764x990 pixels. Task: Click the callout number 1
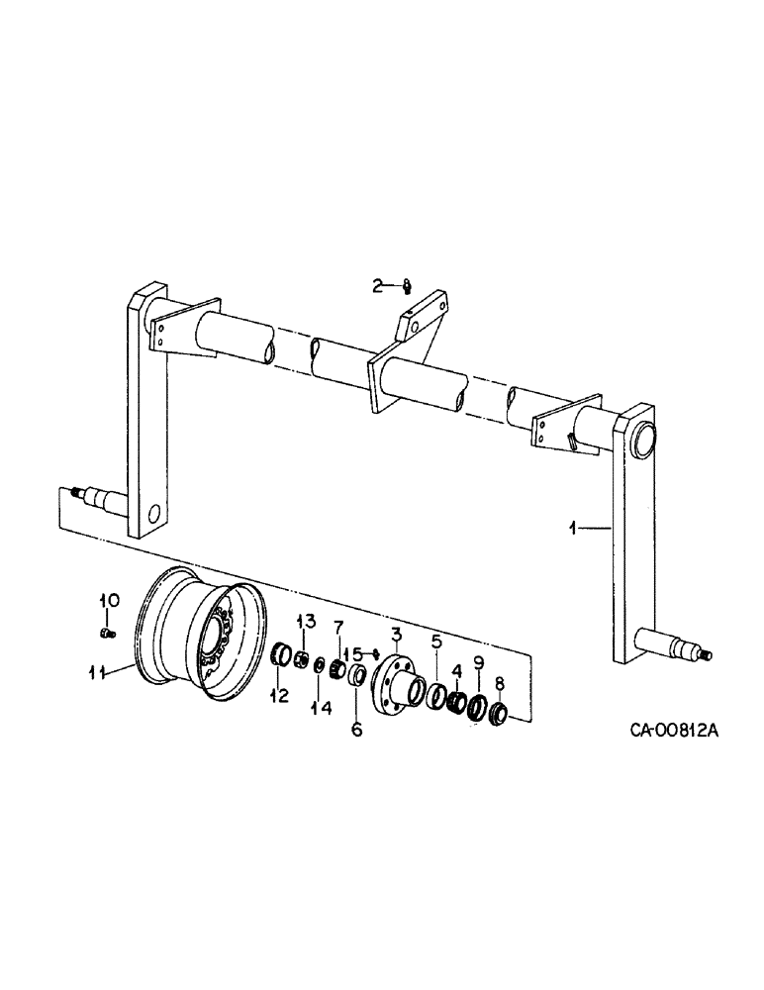573,529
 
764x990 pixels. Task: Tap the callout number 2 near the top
377,286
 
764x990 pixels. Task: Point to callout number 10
108,600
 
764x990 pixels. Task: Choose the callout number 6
357,730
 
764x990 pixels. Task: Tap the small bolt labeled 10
107,630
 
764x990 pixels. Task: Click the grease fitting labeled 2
406,288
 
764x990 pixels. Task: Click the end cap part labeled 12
280,654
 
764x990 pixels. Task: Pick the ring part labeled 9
478,708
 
